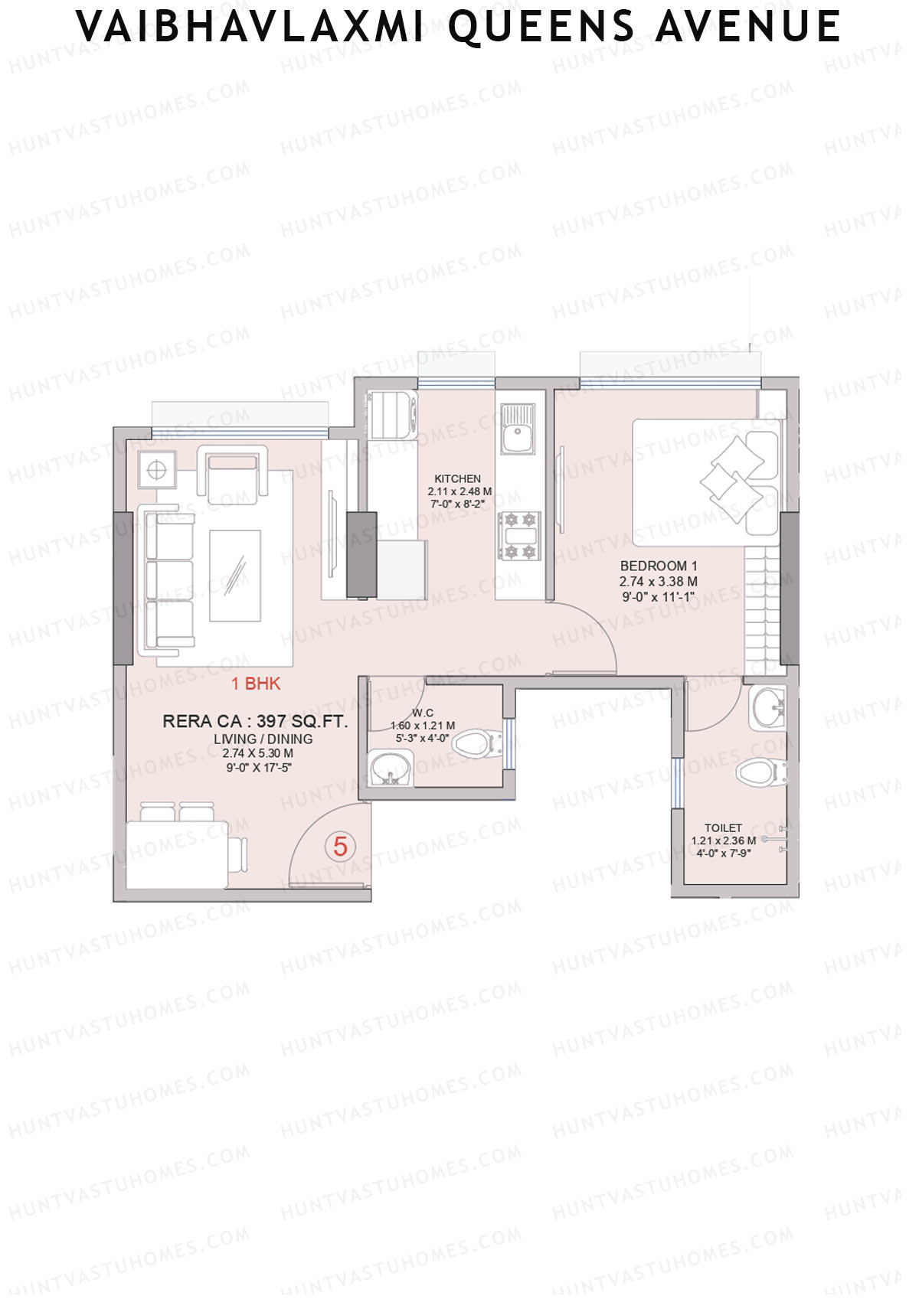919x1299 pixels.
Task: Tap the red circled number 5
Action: point(340,846)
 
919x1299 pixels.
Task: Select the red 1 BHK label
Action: point(256,684)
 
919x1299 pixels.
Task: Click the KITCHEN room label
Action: point(458,478)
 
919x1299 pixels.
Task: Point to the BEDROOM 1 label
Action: point(659,566)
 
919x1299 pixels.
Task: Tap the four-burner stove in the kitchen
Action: point(518,536)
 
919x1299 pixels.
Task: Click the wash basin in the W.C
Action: point(391,768)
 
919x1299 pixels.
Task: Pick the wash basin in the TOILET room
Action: point(767,707)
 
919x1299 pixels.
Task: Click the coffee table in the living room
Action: point(235,576)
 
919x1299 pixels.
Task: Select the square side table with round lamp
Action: point(156,469)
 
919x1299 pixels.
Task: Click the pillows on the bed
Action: point(734,478)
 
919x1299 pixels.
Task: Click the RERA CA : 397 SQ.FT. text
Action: point(255,721)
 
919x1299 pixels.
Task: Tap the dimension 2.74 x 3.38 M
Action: point(659,582)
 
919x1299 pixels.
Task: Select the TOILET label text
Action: point(723,827)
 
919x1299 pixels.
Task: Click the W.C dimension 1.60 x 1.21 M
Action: point(423,726)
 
